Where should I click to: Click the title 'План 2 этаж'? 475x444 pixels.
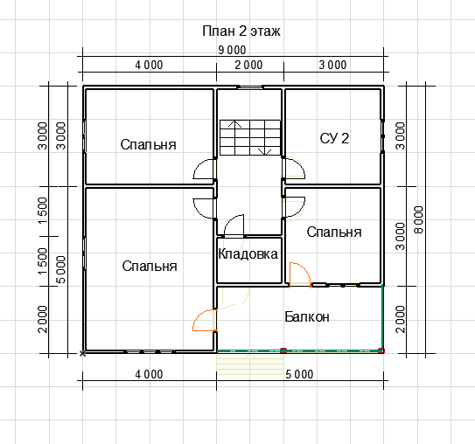[241, 31]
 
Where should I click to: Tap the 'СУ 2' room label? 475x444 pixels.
[334, 138]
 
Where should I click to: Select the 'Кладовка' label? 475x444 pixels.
[248, 254]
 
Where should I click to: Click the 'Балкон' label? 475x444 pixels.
[307, 317]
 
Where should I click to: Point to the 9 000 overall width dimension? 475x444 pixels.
[232, 50]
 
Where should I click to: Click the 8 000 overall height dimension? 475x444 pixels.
[419, 219]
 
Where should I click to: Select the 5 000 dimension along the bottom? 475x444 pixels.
[299, 374]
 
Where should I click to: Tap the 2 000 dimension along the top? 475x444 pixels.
[248, 65]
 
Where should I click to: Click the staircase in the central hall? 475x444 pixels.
[250, 138]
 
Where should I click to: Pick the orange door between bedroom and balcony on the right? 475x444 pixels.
[300, 274]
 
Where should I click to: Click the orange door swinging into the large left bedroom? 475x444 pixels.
[205, 320]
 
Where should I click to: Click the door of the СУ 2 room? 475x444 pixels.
[294, 167]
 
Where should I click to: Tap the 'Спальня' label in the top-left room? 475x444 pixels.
[148, 145]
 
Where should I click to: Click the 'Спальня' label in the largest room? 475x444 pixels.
[150, 267]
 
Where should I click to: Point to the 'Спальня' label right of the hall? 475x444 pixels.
[334, 232]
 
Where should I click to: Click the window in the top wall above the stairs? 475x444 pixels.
[250, 87]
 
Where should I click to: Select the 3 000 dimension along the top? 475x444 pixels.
[332, 65]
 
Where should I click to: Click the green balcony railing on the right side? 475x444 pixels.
[382, 318]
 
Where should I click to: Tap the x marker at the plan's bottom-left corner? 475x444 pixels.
[82, 353]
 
